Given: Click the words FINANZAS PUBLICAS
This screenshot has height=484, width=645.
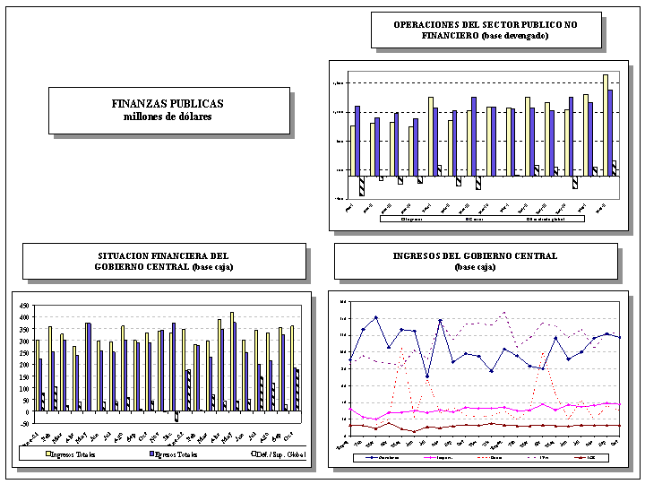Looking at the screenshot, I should pos(168,104).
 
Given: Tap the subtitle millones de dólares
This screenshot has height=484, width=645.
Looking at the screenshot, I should pos(168,117).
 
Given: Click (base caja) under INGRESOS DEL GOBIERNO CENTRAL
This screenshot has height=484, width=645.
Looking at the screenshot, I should pos(475,267).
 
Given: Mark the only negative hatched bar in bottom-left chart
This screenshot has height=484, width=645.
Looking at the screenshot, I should pos(176,416).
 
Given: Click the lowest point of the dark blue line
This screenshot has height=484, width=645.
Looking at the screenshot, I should pos(427,376).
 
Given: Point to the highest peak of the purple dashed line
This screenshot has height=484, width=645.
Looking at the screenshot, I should pos(505,312).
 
